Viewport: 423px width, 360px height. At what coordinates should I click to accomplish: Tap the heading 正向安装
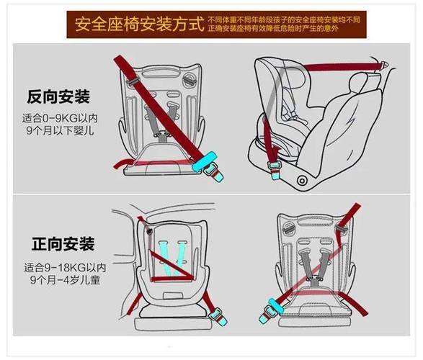click(x=62, y=243)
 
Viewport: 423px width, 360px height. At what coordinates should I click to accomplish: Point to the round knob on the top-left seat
click(x=190, y=78)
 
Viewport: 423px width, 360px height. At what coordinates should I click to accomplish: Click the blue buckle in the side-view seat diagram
click(x=275, y=166)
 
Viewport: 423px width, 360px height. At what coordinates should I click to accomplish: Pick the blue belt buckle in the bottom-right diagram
click(x=273, y=310)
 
